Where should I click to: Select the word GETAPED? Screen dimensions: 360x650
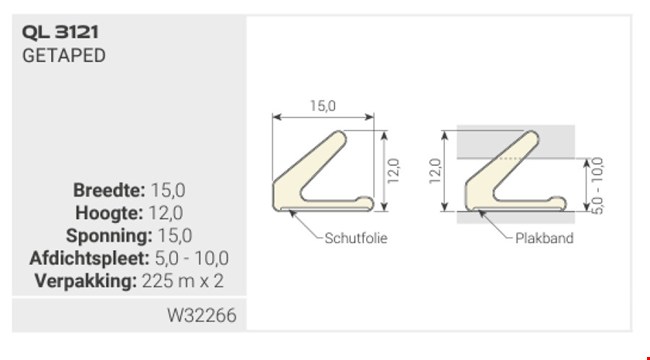[x=63, y=55]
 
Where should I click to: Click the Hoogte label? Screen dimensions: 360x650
[x=108, y=212]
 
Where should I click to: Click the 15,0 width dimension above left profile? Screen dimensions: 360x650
[x=322, y=105]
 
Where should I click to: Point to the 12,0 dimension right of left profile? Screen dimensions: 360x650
[x=393, y=171]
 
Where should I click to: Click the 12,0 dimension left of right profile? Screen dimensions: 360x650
[x=435, y=171]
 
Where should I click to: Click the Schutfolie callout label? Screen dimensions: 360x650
[x=354, y=239]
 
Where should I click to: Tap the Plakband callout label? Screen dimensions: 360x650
[x=544, y=239]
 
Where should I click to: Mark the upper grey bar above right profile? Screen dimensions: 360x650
[x=515, y=141]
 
